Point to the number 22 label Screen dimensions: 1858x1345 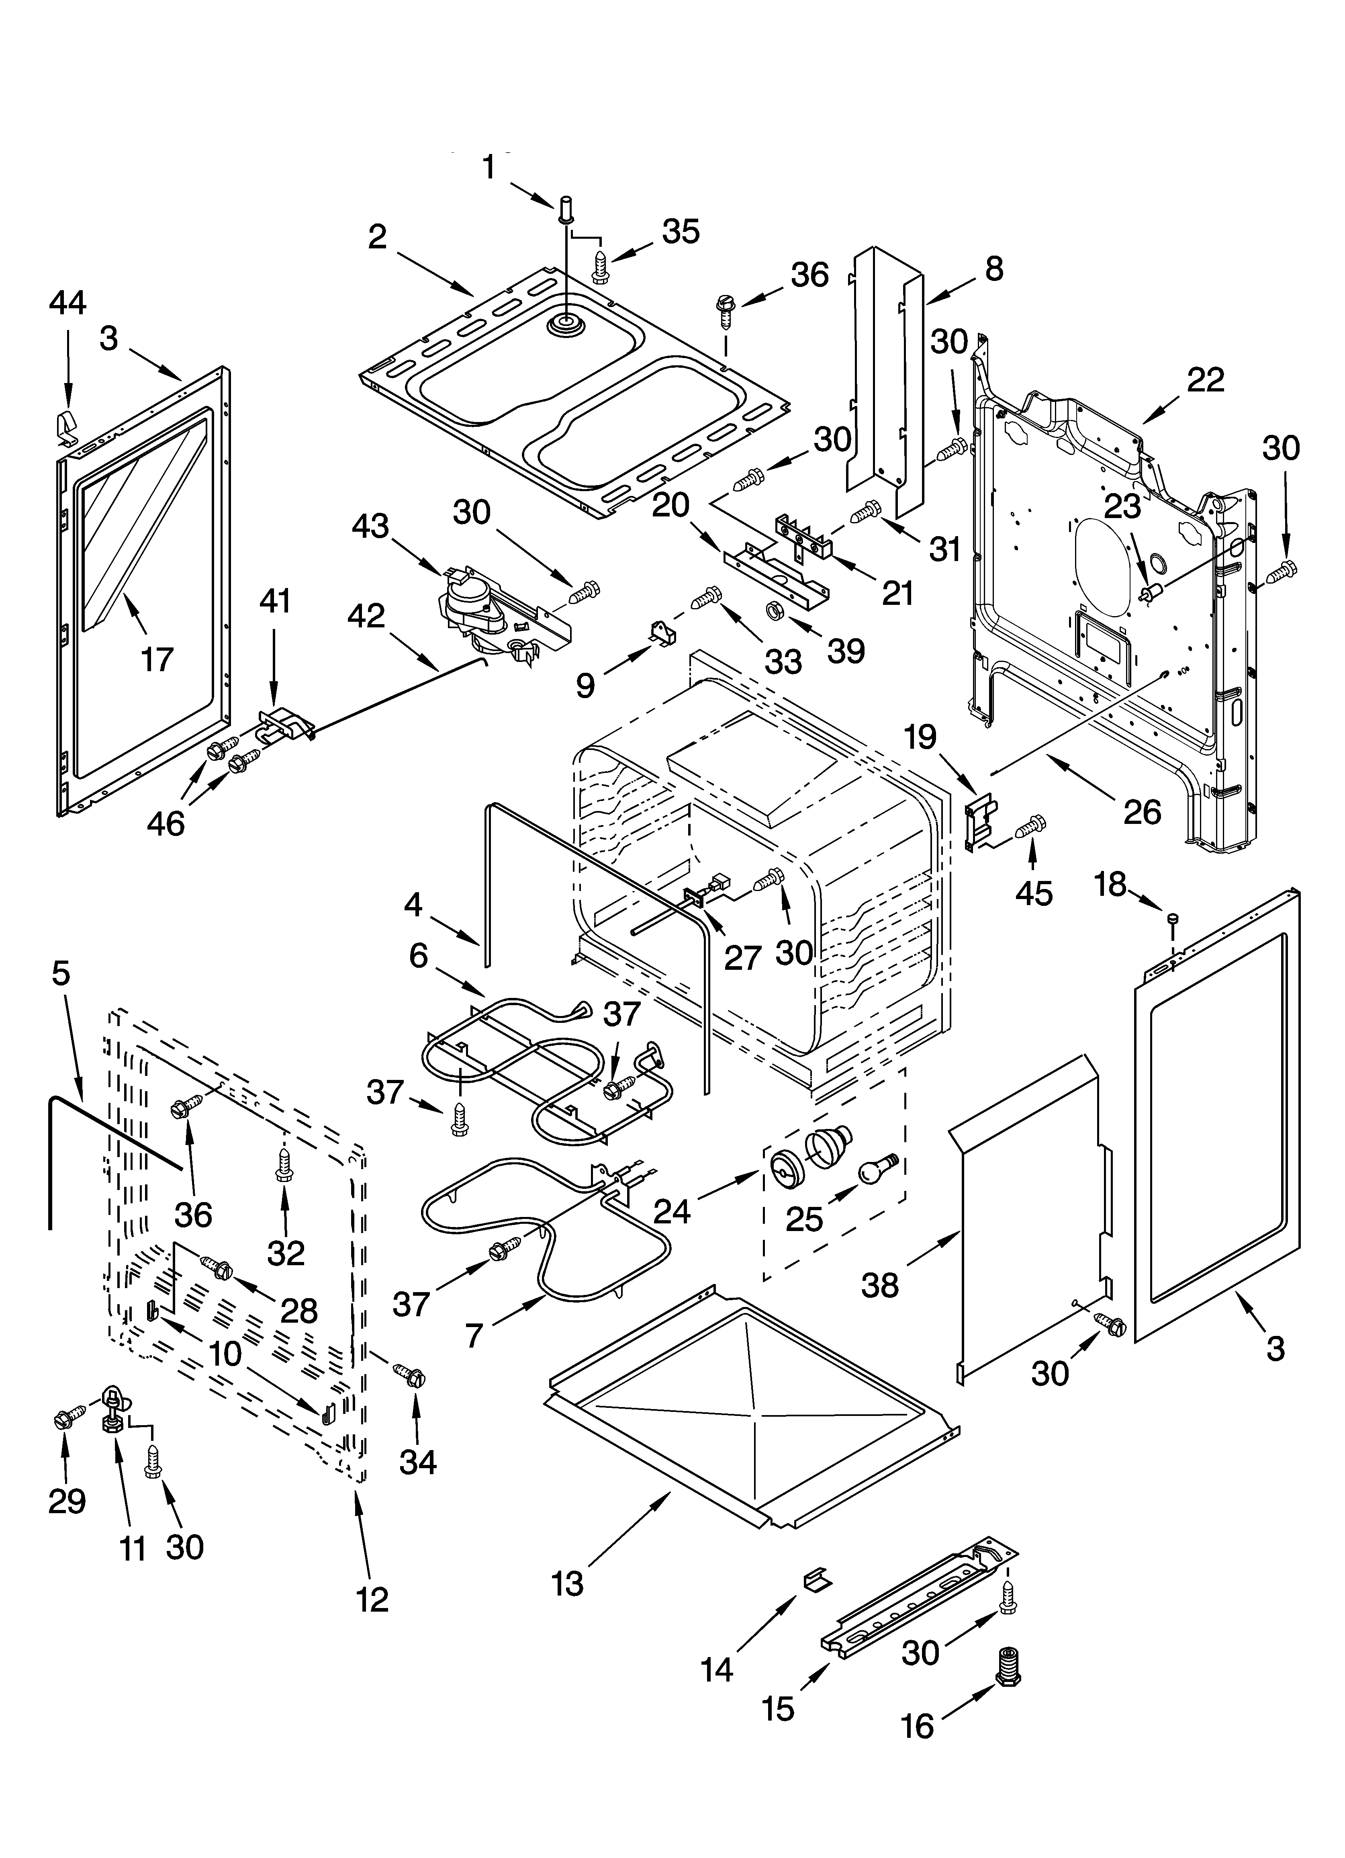click(x=1205, y=380)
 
